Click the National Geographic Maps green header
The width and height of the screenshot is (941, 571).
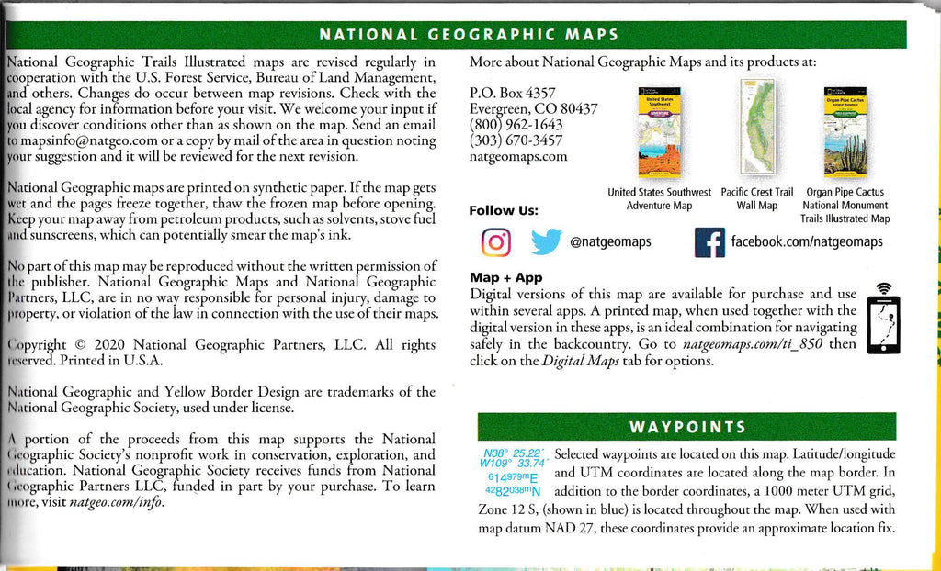tap(468, 36)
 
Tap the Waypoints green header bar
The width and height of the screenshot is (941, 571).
tap(686, 427)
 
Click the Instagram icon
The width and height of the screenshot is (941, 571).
tap(496, 242)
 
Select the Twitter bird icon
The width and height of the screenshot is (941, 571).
tap(546, 242)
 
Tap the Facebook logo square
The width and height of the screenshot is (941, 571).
tap(709, 242)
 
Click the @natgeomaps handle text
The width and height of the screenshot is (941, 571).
tap(610, 242)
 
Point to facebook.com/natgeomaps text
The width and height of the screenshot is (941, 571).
tap(806, 241)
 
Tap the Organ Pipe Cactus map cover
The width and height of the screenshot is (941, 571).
tap(845, 132)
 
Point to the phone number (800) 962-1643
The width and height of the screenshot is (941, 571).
tap(516, 125)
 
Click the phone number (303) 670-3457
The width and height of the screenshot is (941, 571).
tap(516, 140)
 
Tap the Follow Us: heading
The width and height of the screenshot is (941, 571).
tap(504, 210)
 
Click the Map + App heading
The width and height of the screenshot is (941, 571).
tap(505, 277)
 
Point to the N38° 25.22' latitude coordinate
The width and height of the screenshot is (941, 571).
tap(512, 453)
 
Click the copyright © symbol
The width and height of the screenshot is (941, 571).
tap(78, 345)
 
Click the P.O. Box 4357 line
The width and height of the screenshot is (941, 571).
tap(512, 93)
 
